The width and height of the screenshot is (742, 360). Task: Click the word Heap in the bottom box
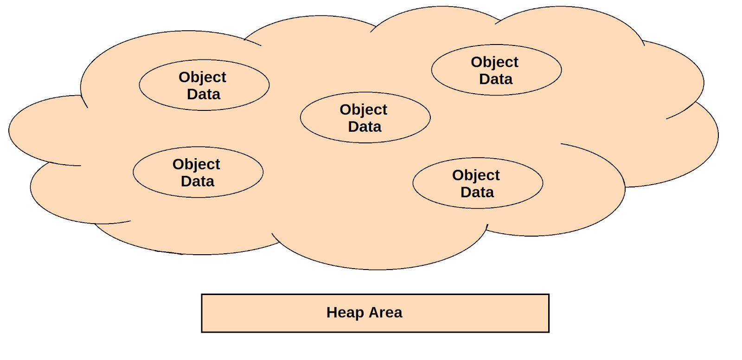pyautogui.click(x=345, y=313)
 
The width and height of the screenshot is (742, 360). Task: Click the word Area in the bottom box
pyautogui.click(x=385, y=313)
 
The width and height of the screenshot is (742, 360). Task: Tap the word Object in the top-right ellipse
pyautogui.click(x=494, y=62)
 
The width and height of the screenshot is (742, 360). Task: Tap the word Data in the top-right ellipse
pyautogui.click(x=496, y=79)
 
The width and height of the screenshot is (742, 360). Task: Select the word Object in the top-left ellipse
pyautogui.click(x=202, y=77)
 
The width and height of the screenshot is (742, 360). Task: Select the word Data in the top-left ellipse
pyautogui.click(x=204, y=94)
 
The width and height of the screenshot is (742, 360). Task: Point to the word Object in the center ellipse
pyautogui.click(x=363, y=109)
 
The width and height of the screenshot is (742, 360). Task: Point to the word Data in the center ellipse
pyautogui.click(x=365, y=127)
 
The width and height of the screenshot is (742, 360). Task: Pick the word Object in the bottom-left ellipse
pyautogui.click(x=196, y=164)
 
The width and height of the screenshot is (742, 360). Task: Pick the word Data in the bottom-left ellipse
pyautogui.click(x=198, y=181)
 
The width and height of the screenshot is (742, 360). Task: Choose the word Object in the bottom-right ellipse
pyautogui.click(x=476, y=175)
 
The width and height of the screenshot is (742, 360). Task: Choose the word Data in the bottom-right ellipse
pyautogui.click(x=477, y=193)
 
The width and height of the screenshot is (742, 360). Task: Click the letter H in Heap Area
pyautogui.click(x=331, y=313)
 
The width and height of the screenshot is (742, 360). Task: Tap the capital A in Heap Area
pyautogui.click(x=374, y=313)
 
